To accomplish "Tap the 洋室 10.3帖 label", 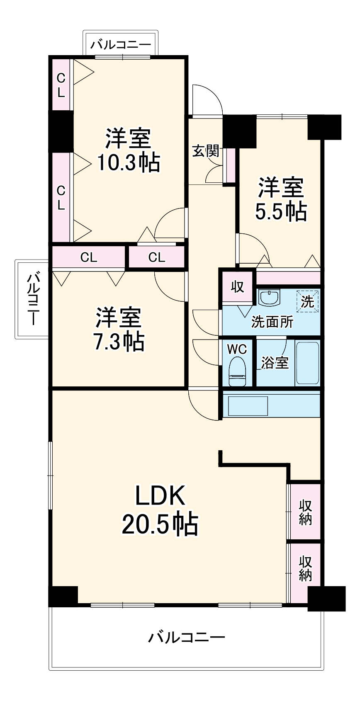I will coord(128,150).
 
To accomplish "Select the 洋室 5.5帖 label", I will coord(281,199).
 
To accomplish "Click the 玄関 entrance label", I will coord(205,152).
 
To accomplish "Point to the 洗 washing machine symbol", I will coord(307,301).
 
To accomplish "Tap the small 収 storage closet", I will coord(237,286).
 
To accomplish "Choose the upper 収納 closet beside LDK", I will coord(305,512).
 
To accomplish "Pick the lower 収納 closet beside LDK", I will coord(305,568).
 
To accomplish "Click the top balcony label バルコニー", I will coord(121,44).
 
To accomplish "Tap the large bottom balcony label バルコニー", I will coord(187,637).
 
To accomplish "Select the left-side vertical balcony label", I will coord(32,298).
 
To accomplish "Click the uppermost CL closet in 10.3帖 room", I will coord(61,85).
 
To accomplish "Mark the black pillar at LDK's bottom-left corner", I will coord(63,596).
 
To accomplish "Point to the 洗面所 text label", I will coord(272,322).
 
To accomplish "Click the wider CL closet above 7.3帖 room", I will coord(88,257).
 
